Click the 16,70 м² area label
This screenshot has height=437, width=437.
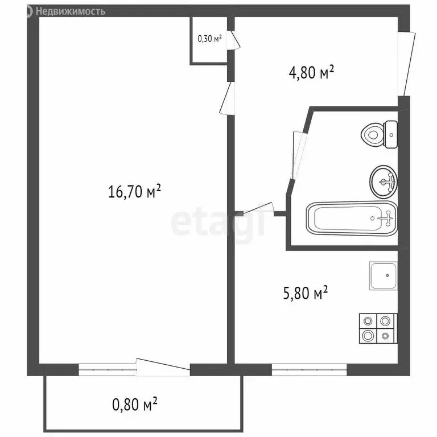pos(135,192)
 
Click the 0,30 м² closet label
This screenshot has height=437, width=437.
pos(209,39)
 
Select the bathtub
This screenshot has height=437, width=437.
pos(351,218)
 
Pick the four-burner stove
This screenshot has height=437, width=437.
pos(377,328)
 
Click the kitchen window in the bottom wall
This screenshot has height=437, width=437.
pos(309,370)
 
